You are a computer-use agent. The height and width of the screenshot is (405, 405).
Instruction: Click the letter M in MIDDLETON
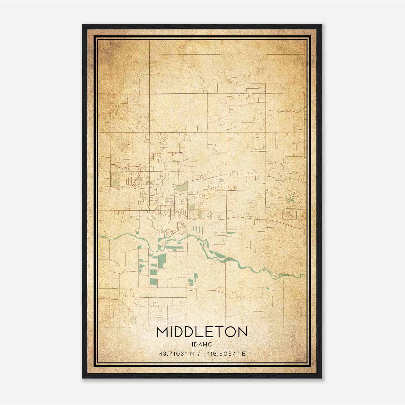click(x=163, y=332)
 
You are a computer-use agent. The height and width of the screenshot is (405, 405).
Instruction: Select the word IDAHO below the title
click(x=202, y=345)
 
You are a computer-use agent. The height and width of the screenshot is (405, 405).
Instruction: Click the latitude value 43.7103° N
click(x=177, y=354)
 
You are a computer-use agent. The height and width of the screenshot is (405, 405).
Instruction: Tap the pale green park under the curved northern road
click(x=183, y=187)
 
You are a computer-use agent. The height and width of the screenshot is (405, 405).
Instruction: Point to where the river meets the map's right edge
click(x=305, y=275)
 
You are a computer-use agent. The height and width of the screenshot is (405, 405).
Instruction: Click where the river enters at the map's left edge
click(x=99, y=236)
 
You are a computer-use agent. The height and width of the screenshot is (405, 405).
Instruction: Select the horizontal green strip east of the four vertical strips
click(x=230, y=233)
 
